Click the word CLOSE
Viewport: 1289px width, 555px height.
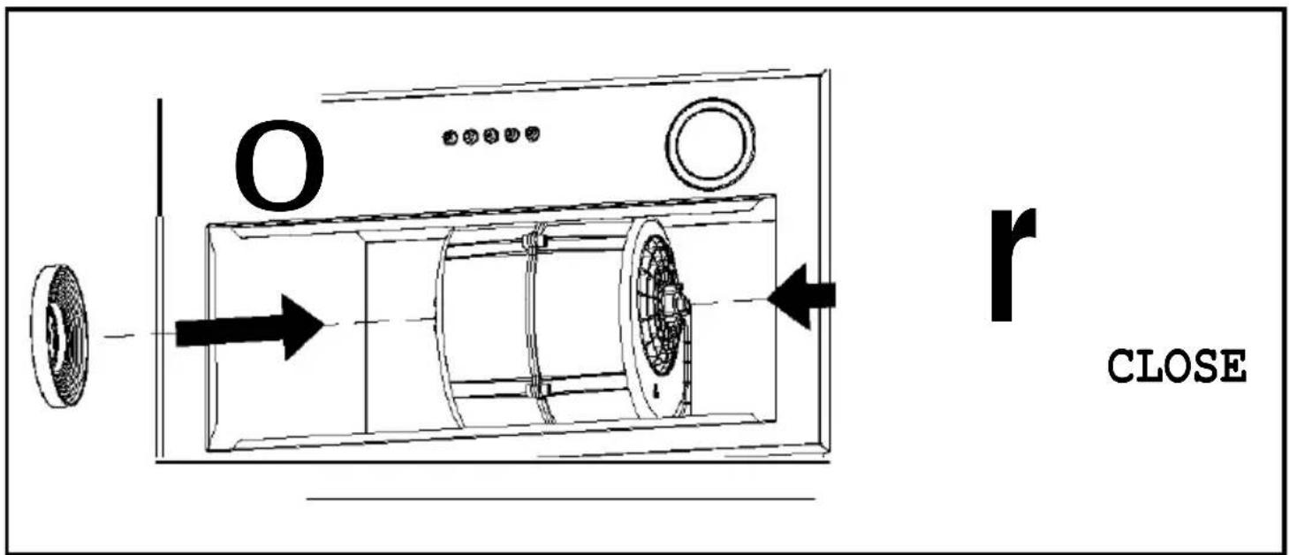click(1177, 366)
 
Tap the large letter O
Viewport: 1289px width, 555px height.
click(280, 165)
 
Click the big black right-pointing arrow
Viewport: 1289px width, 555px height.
click(248, 328)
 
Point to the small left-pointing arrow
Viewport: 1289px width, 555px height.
click(801, 296)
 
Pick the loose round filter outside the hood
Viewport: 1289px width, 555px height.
click(59, 336)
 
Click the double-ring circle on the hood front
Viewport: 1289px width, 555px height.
click(710, 144)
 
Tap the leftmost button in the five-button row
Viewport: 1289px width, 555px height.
click(451, 138)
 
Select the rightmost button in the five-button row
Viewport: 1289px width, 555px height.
click(533, 134)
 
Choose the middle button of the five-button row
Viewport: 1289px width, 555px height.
click(491, 136)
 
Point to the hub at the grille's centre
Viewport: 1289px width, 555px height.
click(674, 301)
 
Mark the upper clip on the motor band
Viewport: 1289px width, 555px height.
click(532, 240)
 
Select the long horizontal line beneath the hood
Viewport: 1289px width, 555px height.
click(561, 498)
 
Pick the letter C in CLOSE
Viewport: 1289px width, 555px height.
click(1120, 366)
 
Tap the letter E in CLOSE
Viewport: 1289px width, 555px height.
click(1234, 366)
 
